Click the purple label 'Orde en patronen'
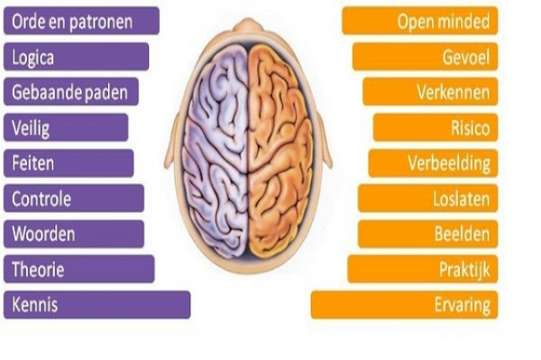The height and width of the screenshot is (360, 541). pos(81,21)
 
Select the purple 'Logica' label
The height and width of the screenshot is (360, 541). pos(76,57)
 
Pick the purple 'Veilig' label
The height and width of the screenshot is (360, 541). pos(66,127)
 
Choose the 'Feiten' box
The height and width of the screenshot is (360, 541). pos(69,162)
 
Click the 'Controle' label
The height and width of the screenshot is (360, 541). pos(73,198)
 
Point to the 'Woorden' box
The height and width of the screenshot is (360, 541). pos(73,234)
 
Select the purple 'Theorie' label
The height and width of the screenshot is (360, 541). pos(78,269)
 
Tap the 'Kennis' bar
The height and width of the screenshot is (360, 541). pos(96,304)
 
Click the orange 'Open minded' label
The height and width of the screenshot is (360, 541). pos(419,21)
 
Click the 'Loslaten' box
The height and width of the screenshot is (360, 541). pos(427,198)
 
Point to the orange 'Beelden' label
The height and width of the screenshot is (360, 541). pos(427,234)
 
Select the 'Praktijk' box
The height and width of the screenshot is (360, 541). pos(422,269)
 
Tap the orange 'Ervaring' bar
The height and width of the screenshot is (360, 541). pos(404,304)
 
